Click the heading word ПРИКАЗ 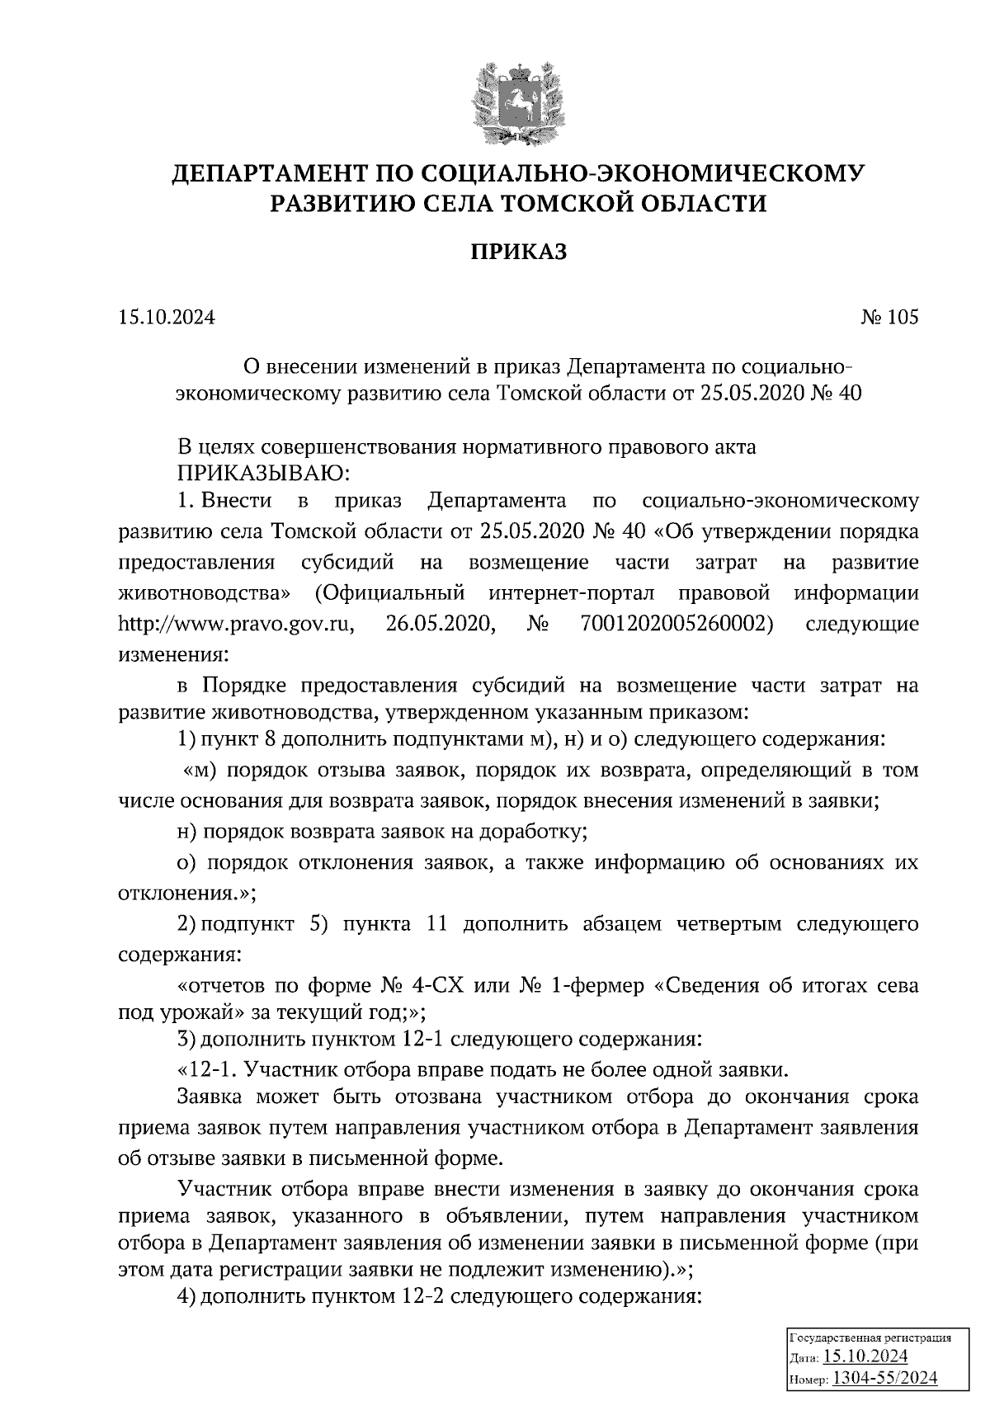click(x=518, y=252)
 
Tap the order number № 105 click(x=889, y=318)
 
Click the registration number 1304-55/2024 click(x=885, y=1379)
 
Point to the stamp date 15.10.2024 click(x=866, y=1357)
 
